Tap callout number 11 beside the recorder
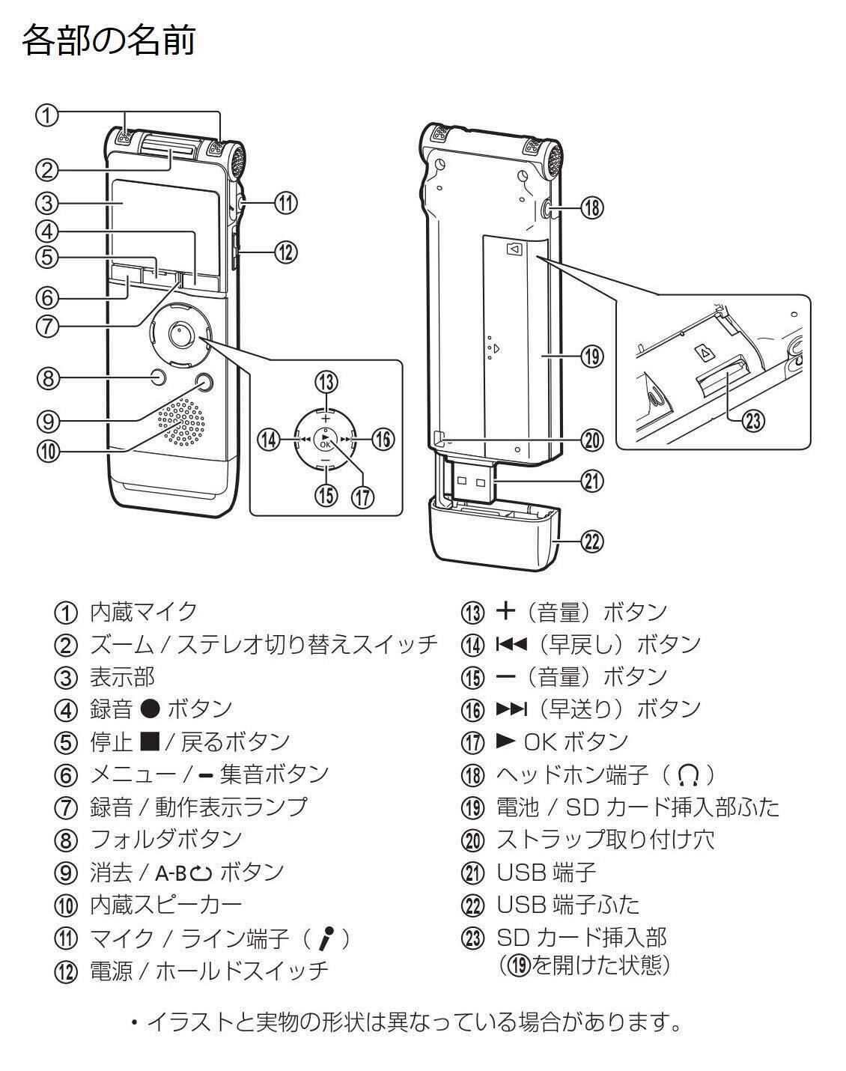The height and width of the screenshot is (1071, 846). tap(285, 203)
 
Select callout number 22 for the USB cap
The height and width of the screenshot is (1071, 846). tap(592, 541)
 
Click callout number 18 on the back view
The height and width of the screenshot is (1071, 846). tap(591, 208)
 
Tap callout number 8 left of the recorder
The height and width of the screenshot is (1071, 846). tap(47, 377)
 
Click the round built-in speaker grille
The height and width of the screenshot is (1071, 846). tap(180, 422)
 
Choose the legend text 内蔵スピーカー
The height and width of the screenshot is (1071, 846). tap(165, 905)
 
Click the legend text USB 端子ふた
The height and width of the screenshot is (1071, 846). tap(568, 905)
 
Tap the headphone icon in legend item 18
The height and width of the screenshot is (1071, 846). tap(689, 774)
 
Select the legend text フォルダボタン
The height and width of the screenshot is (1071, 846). tap(165, 839)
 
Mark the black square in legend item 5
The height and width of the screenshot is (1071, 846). tap(150, 741)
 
